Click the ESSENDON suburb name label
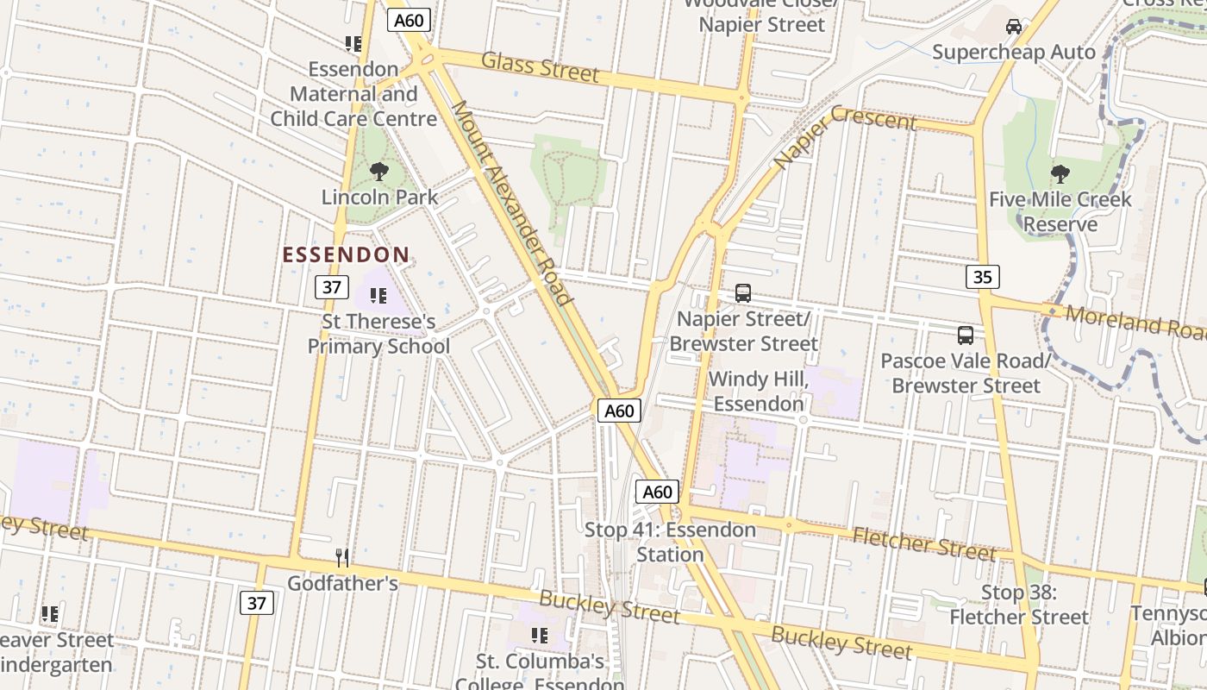point(346,254)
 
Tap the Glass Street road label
point(540,66)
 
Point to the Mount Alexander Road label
point(512,203)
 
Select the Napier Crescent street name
point(844,137)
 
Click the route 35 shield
point(982,277)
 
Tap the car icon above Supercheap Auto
point(1014,27)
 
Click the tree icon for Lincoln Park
point(378,172)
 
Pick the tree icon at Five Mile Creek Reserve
point(1060,174)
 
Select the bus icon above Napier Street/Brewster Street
point(743,293)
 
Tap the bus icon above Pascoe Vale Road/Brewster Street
point(966,336)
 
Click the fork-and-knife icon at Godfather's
point(342,558)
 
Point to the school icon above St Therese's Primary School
point(378,296)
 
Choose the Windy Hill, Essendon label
point(758,391)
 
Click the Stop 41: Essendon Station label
point(670,542)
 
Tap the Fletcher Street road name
point(923,543)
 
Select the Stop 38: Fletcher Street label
point(1019,605)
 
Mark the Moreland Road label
point(1134,321)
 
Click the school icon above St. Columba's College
point(540,636)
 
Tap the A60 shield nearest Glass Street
point(409,20)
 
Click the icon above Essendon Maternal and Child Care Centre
point(353,43)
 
